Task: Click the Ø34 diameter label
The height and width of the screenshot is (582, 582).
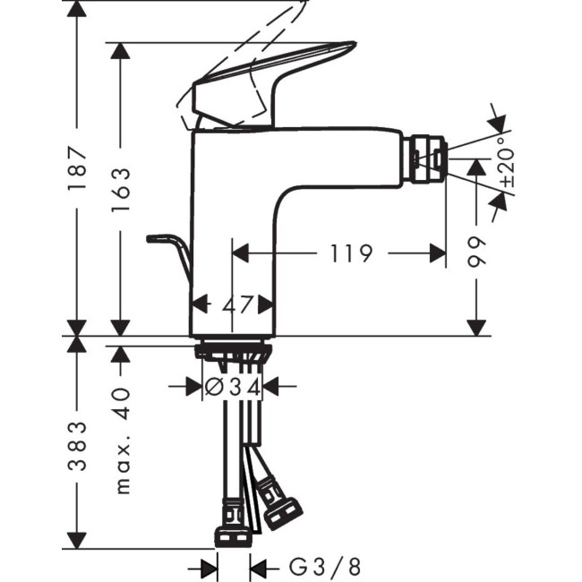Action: [231, 387]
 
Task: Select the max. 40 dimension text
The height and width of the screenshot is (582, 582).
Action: [122, 440]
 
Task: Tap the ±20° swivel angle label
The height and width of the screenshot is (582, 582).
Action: [508, 166]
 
